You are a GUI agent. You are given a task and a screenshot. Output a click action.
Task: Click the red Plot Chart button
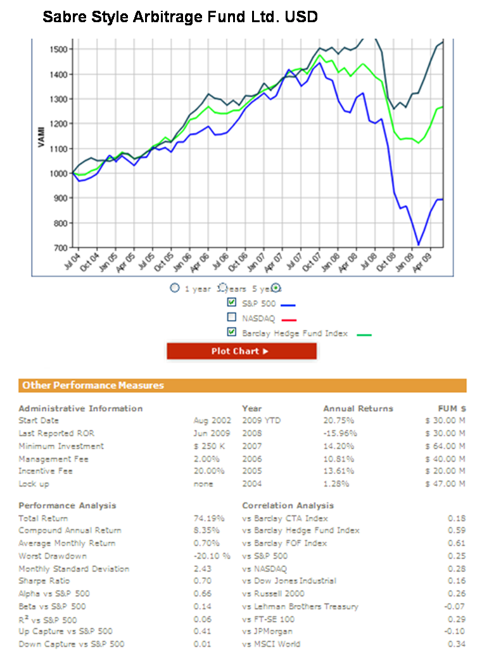[x=241, y=351]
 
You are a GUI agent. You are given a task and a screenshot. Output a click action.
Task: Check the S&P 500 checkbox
[x=232, y=303]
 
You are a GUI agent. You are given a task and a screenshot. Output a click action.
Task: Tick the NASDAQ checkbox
[x=232, y=317]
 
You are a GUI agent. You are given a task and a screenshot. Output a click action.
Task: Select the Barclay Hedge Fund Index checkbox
[x=232, y=333]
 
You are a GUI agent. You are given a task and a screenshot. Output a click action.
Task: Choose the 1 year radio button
[x=175, y=288]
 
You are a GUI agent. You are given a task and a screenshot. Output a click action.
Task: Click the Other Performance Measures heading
[x=93, y=385]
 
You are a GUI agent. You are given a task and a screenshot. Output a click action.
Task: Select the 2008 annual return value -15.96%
[x=339, y=433]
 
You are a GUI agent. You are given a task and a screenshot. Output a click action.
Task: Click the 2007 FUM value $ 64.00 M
[x=445, y=446]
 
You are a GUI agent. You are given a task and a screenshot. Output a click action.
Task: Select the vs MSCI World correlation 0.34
[x=456, y=644]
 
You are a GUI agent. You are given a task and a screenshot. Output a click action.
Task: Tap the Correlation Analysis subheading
[x=288, y=506]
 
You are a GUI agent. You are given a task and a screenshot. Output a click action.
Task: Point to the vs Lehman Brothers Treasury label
[x=300, y=606]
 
